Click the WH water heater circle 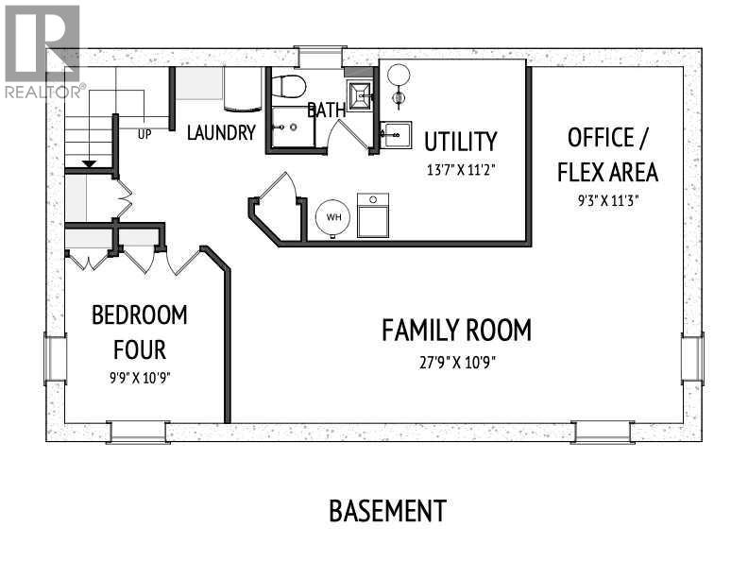(333, 217)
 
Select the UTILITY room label (461, 142)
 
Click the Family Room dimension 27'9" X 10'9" (457, 363)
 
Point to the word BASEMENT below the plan (388, 511)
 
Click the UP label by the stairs (144, 134)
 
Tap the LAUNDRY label (221, 132)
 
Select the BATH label (327, 110)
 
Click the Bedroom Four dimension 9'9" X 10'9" (140, 378)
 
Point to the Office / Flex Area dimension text (608, 200)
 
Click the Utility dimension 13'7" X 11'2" (461, 170)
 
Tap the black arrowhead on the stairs (89, 164)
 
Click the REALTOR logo (42, 52)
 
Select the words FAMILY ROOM (456, 331)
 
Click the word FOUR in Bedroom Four (140, 349)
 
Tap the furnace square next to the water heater (373, 215)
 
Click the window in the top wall (320, 57)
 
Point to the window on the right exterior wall (692, 358)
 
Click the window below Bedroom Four (138, 433)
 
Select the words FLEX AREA (608, 172)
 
